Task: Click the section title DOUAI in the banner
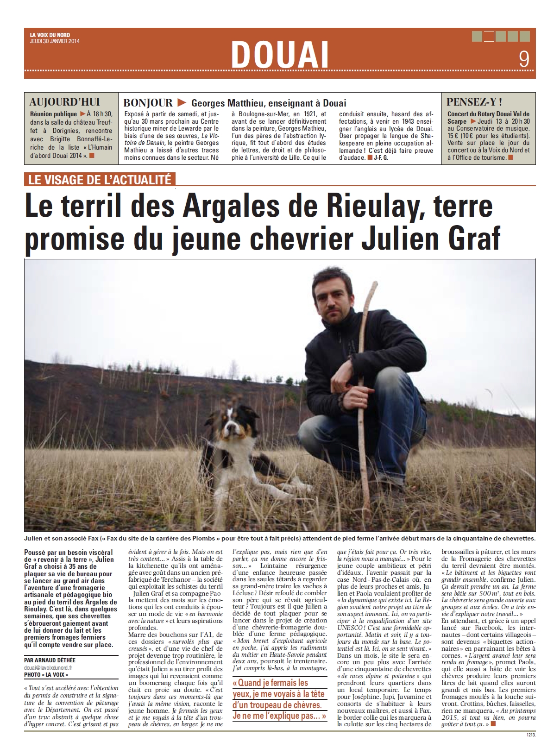(x=279, y=55)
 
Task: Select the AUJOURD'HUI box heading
(x=64, y=102)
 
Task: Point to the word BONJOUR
(x=148, y=103)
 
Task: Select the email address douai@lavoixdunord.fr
(x=48, y=667)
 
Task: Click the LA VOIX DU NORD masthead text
(x=47, y=35)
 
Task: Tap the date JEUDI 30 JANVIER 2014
(x=52, y=40)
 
